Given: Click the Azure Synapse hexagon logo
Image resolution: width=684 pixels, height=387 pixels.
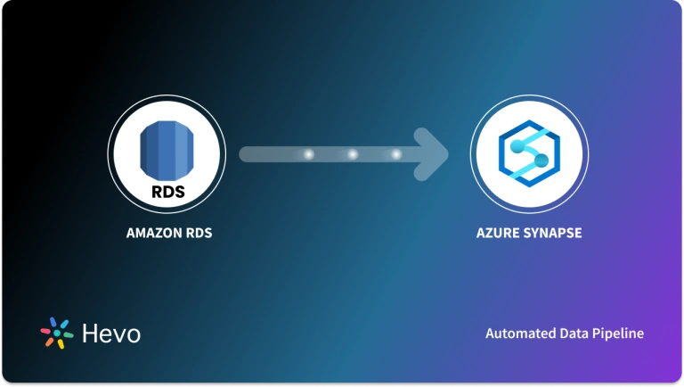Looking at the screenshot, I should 528,154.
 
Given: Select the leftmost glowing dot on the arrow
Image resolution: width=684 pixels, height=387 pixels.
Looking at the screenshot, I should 309,154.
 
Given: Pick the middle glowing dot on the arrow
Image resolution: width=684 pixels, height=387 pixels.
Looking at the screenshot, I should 353,154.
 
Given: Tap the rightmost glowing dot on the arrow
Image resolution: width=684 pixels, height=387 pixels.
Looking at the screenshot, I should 396,154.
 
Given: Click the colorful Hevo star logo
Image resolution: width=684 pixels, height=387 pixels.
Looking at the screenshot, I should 57,333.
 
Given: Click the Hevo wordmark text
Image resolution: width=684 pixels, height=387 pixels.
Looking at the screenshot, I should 110,333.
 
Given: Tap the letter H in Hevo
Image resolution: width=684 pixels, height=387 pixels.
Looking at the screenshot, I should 89,333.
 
